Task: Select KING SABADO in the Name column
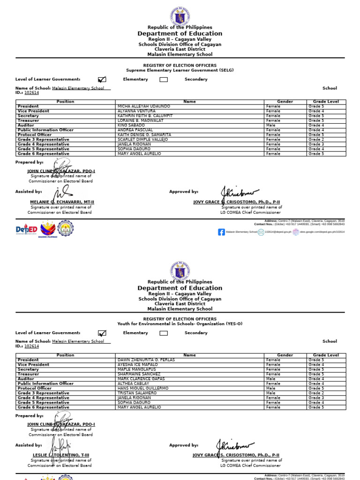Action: click(131, 125)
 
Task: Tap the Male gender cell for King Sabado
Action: click(271, 125)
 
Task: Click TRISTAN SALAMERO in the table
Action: click(137, 393)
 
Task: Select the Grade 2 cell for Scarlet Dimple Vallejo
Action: click(316, 139)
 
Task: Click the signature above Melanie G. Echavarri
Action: click(62, 192)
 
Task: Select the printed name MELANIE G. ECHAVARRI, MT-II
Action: click(62, 202)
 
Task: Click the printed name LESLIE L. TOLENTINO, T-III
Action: click(61, 455)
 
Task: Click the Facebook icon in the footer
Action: click(221, 232)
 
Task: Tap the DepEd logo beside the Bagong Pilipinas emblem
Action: click(26, 229)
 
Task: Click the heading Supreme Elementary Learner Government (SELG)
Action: click(180, 70)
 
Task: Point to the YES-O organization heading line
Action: click(180, 324)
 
